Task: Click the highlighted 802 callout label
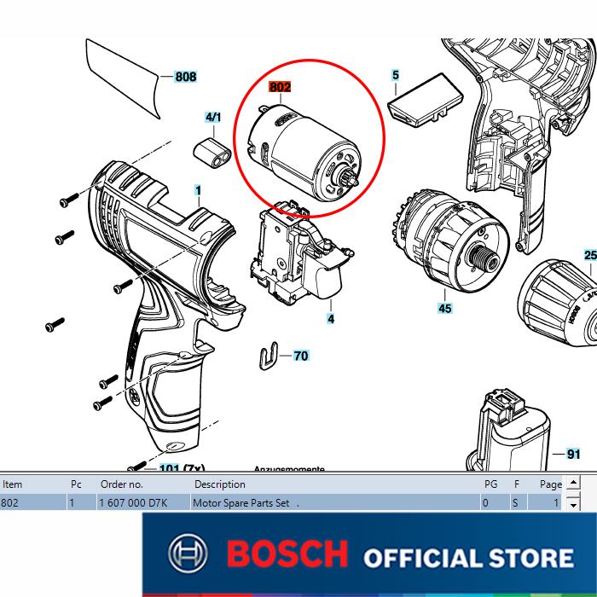280,87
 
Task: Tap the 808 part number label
186,77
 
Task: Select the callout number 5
396,76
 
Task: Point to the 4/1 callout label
213,117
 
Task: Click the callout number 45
444,308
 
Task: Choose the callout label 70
300,356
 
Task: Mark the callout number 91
573,455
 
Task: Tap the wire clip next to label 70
268,356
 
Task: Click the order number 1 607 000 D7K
132,503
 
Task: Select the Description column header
219,484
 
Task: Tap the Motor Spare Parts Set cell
244,503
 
